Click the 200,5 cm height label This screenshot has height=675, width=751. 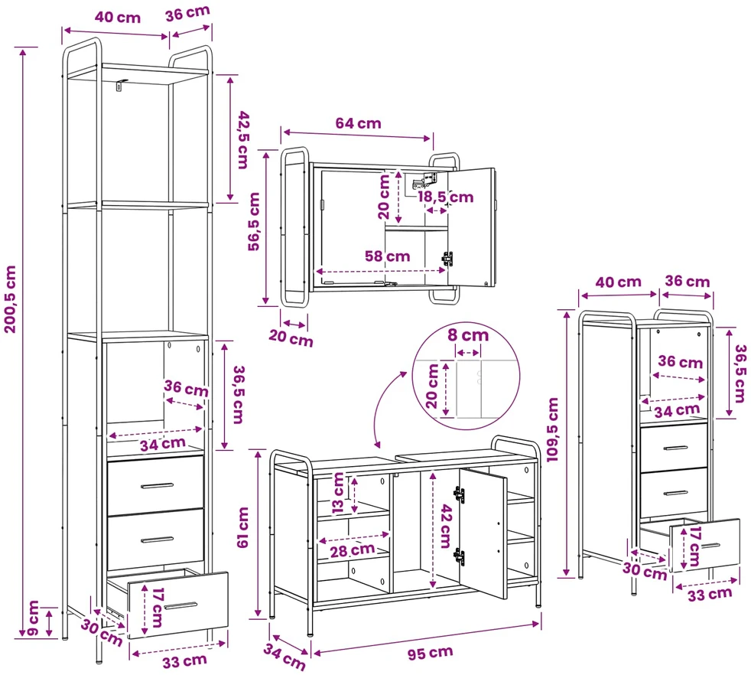[x=11, y=299]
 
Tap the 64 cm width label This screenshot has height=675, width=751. [x=358, y=123]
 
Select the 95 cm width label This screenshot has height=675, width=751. [x=430, y=653]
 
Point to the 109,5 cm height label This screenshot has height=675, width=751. [x=553, y=429]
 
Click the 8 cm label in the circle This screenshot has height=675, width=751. [x=468, y=335]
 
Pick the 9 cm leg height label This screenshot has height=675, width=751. [x=33, y=618]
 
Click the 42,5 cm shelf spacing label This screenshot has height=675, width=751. [x=244, y=139]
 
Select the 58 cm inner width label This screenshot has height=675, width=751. [x=387, y=256]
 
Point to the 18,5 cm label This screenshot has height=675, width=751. [x=445, y=197]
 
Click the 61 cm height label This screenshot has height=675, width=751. [x=243, y=527]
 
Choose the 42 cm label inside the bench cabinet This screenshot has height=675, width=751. [x=447, y=526]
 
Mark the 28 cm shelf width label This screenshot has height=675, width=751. [x=353, y=550]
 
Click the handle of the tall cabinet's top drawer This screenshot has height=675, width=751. [x=157, y=486]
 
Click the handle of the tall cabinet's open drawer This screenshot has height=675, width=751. [x=180, y=606]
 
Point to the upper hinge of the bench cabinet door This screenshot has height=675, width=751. [x=460, y=494]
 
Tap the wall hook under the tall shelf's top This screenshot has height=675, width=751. [x=121, y=84]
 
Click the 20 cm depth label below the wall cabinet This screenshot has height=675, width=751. [x=291, y=338]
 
